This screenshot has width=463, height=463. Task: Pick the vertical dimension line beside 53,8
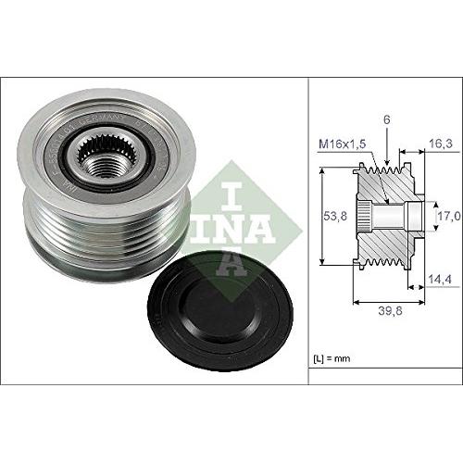tap(321, 215)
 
